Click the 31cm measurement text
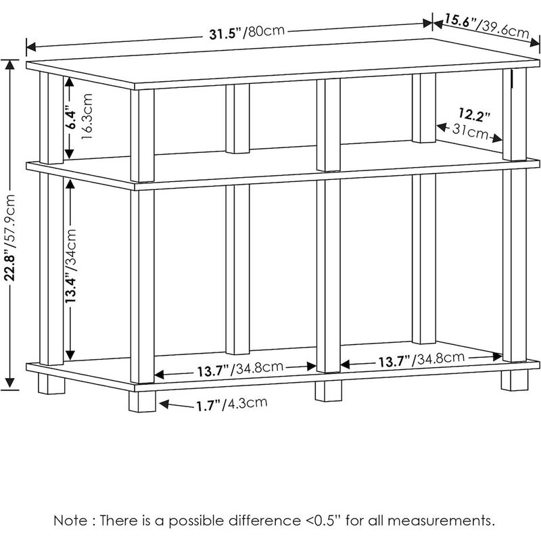click(x=471, y=132)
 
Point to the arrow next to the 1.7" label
click(x=172, y=406)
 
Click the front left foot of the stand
click(x=143, y=402)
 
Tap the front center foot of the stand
click(x=328, y=391)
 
